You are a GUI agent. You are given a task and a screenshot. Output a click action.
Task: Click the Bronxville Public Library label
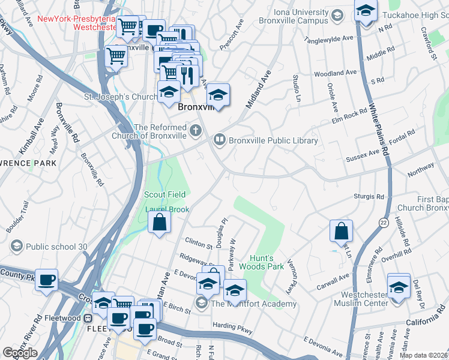[x=273, y=140]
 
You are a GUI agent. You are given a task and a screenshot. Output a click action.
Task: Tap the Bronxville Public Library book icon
[x=220, y=140]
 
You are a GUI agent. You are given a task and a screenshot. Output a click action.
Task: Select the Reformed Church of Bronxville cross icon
[x=195, y=130]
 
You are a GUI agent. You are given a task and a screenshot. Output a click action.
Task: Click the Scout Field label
[x=164, y=194]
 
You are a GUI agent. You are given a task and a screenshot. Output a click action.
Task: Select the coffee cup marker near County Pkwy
[x=46, y=280]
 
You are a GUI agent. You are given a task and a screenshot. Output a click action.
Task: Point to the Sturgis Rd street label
[x=372, y=196]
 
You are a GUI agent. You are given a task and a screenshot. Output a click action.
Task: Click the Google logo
[x=20, y=353]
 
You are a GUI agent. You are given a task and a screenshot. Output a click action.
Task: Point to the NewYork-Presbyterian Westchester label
[x=76, y=23]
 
